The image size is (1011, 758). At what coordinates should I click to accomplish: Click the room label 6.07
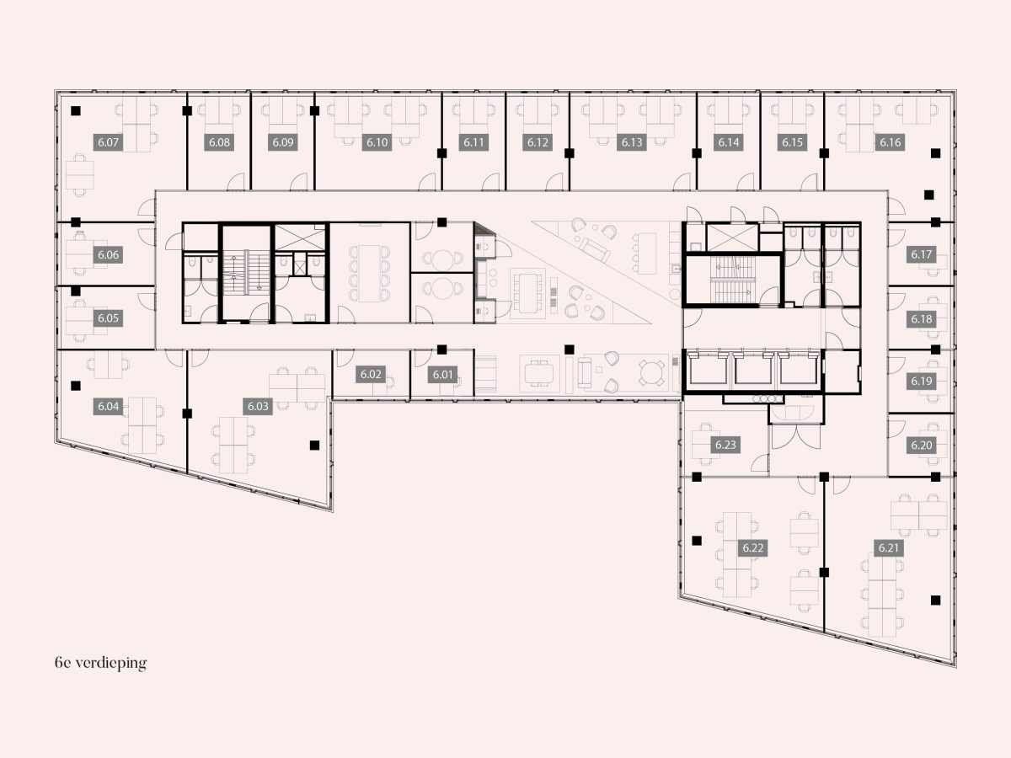(108, 142)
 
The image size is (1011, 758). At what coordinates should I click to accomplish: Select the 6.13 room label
(632, 142)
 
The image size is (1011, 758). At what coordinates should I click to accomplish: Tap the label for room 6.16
(890, 142)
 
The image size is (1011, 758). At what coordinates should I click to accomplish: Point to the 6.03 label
(258, 407)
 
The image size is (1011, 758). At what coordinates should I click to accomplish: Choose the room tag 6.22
(753, 548)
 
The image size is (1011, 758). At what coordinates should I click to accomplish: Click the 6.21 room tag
(889, 547)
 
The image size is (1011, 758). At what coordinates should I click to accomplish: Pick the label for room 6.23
(725, 445)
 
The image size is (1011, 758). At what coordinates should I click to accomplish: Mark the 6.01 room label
(442, 375)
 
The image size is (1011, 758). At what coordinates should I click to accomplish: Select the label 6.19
(921, 381)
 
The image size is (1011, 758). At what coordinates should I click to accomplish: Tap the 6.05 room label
(108, 318)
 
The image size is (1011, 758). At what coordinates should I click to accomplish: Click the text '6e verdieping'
(100, 663)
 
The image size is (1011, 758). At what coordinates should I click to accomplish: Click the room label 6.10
(377, 142)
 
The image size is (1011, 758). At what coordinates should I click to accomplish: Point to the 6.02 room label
(371, 374)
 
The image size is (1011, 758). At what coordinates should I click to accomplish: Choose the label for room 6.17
(921, 254)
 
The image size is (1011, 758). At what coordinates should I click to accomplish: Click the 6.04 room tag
(108, 407)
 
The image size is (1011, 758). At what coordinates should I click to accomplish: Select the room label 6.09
(283, 142)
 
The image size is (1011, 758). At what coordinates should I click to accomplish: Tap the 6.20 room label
(921, 445)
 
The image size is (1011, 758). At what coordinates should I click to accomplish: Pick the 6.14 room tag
(729, 142)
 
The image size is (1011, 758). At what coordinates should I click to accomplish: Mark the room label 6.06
(108, 254)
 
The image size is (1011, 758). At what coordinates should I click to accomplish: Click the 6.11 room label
(473, 142)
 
